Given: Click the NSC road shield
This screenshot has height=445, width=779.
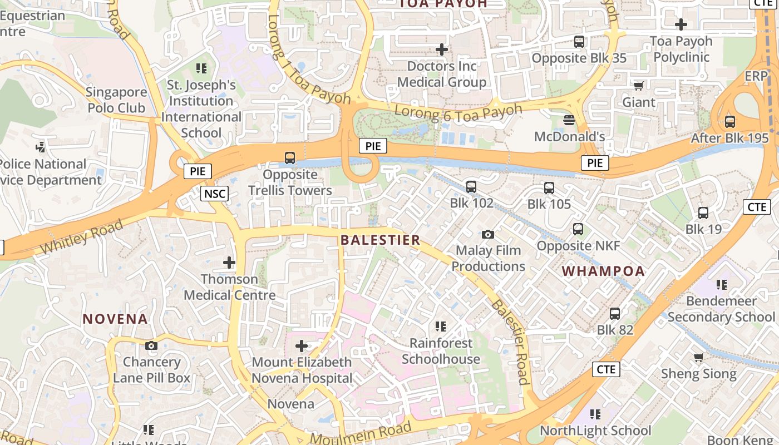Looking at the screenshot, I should point(214,194).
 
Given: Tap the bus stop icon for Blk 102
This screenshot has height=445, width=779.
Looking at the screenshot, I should point(471,187).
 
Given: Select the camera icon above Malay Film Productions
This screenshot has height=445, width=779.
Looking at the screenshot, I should point(488,234).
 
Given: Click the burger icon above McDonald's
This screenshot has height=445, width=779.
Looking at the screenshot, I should point(569,120).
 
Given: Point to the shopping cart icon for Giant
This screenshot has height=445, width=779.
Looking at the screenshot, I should point(638,86).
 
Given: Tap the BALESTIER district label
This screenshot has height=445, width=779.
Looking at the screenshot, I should point(380,240).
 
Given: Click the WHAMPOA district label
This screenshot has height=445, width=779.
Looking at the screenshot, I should point(603,271).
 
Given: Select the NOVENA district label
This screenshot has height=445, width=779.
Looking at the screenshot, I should point(115,319).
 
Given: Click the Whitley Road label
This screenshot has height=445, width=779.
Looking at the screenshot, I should point(81,238).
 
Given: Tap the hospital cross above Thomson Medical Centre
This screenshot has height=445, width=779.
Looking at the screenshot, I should point(229,263).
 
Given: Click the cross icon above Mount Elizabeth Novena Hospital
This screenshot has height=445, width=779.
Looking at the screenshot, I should point(302,346).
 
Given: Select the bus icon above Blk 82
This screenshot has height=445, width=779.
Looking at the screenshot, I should point(615,314).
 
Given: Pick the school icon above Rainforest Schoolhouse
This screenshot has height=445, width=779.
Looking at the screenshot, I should point(441,327).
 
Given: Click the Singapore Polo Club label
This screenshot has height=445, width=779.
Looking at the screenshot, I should point(116,100).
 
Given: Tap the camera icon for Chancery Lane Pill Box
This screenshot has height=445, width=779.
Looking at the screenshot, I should point(151,346).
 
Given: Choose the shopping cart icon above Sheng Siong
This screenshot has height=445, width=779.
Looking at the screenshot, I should point(698,357).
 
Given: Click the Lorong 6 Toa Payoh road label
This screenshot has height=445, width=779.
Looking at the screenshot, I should point(458,113).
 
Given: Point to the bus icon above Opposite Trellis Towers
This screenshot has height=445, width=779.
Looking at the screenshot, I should point(289,158).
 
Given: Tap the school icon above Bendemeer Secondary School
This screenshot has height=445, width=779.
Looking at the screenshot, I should point(722,285).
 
